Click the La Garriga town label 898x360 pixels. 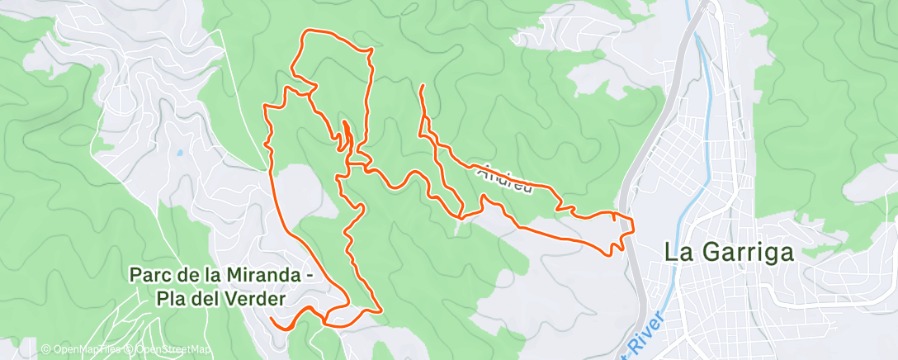(730, 253)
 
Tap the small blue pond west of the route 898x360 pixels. (178, 153)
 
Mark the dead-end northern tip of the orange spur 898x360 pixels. (423, 86)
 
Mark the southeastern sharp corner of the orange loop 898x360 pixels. (380, 310)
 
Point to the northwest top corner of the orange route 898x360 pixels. (305, 32)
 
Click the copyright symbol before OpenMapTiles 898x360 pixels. (46, 349)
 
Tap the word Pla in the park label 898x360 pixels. (172, 297)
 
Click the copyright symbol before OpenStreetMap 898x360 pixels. (130, 349)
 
